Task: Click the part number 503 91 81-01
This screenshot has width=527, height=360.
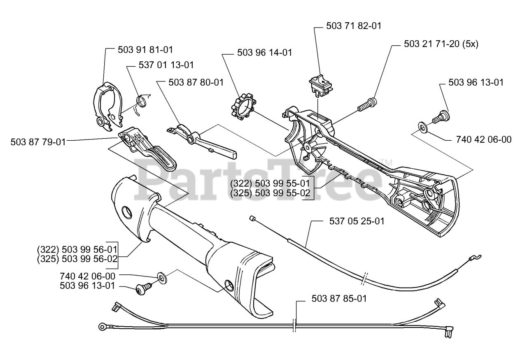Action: click(x=145, y=50)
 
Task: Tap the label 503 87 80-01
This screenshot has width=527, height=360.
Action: click(x=196, y=82)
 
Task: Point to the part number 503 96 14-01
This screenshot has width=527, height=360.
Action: click(x=265, y=53)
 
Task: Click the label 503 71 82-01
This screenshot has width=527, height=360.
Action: click(x=353, y=26)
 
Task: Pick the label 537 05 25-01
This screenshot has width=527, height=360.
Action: click(x=357, y=221)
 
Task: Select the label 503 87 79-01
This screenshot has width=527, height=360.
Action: click(x=38, y=142)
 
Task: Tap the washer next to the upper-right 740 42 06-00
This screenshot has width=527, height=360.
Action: click(x=422, y=126)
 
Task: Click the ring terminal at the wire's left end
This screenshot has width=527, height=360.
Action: click(x=102, y=327)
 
